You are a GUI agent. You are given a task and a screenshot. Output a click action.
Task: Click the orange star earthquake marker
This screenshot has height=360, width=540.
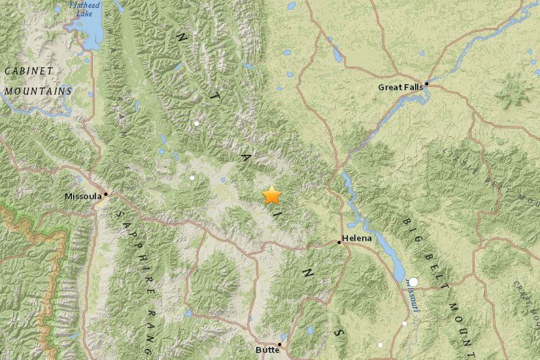pyautogui.click(x=271, y=195)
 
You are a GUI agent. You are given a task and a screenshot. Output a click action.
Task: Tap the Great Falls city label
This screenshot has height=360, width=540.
pyautogui.click(x=399, y=87)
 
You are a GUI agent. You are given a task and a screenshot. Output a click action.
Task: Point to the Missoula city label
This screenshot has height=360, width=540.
pyautogui.click(x=83, y=196)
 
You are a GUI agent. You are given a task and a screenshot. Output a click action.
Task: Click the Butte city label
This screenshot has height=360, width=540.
pyautogui.click(x=267, y=350)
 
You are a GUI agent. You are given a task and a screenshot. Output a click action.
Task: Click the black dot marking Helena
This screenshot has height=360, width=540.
pyautogui.click(x=339, y=242)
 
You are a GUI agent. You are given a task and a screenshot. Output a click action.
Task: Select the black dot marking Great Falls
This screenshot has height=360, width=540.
pyautogui.click(x=426, y=84)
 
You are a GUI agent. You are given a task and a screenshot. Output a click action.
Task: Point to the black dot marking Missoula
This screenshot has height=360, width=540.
pyautogui.click(x=105, y=193)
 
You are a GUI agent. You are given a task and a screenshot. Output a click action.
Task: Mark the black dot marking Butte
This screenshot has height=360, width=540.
pyautogui.click(x=280, y=344)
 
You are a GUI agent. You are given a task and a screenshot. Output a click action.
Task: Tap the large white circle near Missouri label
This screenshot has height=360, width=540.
pyautogui.click(x=413, y=282)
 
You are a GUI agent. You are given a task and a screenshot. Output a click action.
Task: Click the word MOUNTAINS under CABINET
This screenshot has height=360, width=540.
pyautogui.click(x=37, y=91)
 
